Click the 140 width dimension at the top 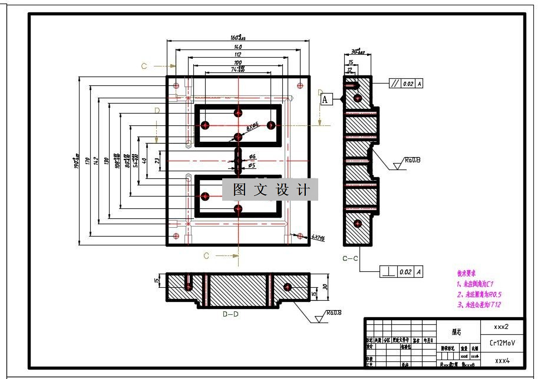pos(237,46)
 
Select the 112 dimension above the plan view pos(237,55)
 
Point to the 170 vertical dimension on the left pos(87,159)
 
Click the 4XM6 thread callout pos(318,238)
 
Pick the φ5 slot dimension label pos(252,165)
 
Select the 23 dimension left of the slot pos(157,159)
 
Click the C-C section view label pos(351,258)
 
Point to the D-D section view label pos(230,314)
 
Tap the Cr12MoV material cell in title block pos(500,343)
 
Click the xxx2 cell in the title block pos(500,326)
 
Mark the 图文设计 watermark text pos(270,190)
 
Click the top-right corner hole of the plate pos(300,85)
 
